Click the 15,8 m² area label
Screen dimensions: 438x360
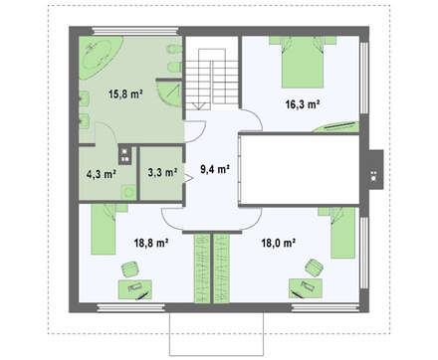coord(125,94)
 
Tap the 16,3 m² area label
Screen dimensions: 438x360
coord(303,104)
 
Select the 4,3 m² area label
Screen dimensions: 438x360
coord(101,174)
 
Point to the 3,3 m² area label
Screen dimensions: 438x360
coord(162,172)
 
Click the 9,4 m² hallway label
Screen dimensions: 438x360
coord(215,170)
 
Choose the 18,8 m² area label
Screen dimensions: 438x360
coord(151,243)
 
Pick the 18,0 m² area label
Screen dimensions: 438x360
coord(279,243)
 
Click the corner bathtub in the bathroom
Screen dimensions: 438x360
coord(99,56)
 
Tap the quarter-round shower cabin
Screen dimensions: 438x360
coord(167,92)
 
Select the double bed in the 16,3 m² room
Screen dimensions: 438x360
coord(303,62)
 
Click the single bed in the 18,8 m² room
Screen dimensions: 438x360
coord(104,229)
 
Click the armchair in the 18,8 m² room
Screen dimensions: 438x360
coord(130,269)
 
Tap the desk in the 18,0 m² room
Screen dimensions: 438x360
coord(306,288)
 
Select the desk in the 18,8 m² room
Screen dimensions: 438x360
coord(135,289)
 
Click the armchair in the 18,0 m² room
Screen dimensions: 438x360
coord(314,268)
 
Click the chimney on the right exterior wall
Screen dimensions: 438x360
coord(376,170)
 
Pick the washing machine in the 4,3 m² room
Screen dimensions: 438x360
coord(128,192)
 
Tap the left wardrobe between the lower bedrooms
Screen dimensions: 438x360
coord(202,269)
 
